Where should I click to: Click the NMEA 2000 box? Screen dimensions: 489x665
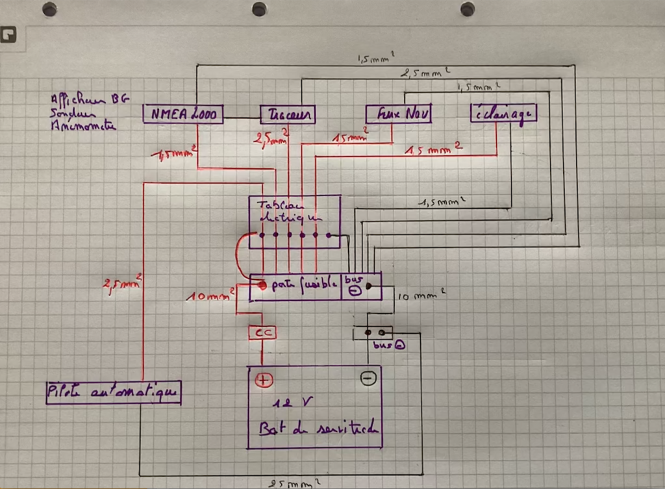183,115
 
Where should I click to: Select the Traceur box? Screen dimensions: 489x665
288,115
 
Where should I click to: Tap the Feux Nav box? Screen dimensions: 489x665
399,114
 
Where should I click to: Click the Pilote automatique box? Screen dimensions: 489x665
113,392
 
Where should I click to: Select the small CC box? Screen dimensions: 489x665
262,332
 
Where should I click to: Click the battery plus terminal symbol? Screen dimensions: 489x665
263,381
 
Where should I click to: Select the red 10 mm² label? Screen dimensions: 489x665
210,296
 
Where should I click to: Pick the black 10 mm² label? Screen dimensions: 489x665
421,296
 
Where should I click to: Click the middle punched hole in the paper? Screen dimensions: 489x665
259,9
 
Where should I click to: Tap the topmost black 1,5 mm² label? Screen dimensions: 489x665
375,59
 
